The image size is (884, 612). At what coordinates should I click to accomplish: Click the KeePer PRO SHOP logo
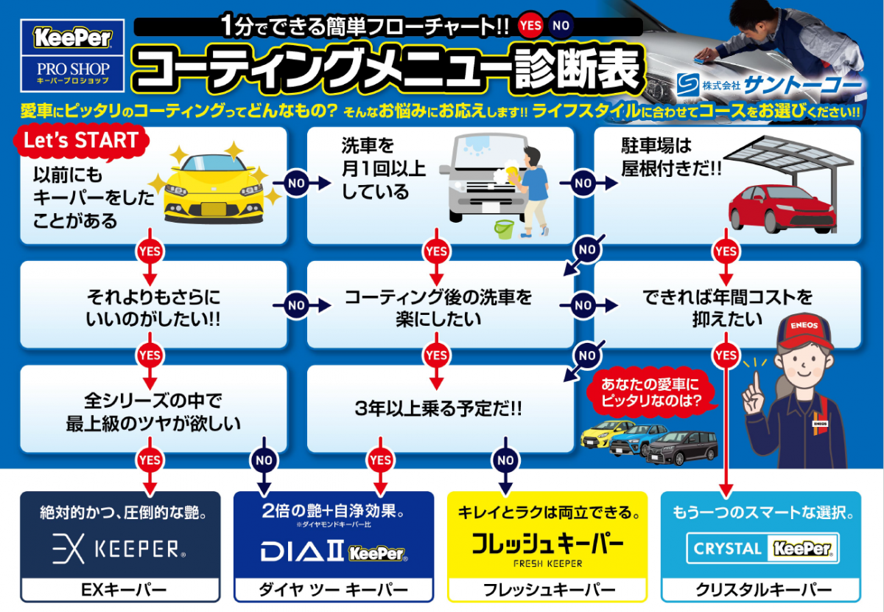pyautogui.click(x=73, y=56)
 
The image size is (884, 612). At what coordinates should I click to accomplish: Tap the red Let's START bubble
pyautogui.click(x=81, y=142)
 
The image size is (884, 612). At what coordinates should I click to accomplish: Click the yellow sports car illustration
pyautogui.click(x=214, y=189)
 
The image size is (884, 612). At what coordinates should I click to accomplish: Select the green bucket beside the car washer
pyautogui.click(x=504, y=229)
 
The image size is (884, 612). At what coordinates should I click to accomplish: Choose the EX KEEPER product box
pyautogui.click(x=120, y=547)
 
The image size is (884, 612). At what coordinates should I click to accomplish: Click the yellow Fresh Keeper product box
pyautogui.click(x=547, y=547)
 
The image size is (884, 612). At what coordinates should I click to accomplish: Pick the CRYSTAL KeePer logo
pyautogui.click(x=762, y=548)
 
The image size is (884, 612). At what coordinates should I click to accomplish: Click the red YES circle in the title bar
pyautogui.click(x=530, y=25)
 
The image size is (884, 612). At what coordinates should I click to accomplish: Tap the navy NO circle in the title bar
pyautogui.click(x=561, y=25)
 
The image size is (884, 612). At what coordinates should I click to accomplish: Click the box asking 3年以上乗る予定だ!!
pyautogui.click(x=440, y=408)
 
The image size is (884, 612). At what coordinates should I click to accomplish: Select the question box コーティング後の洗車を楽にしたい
pyautogui.click(x=440, y=305)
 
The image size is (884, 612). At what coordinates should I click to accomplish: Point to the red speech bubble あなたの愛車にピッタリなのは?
pyautogui.click(x=651, y=393)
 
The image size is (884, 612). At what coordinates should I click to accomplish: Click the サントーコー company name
pyautogui.click(x=802, y=85)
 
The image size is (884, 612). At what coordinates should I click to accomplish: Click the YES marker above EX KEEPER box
pyautogui.click(x=150, y=460)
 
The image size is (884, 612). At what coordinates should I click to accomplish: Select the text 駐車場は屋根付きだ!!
pyautogui.click(x=671, y=157)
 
